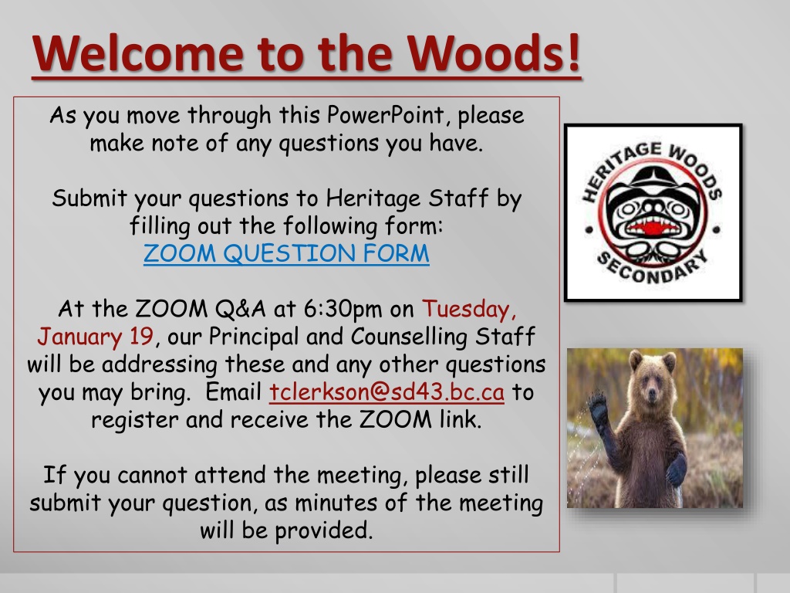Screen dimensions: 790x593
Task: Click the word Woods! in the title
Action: (x=495, y=53)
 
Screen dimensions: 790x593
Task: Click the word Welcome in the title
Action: (x=138, y=53)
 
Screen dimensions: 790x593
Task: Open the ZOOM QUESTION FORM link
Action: (x=286, y=253)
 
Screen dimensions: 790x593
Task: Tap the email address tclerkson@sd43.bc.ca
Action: (x=387, y=391)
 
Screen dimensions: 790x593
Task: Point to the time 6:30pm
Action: (x=343, y=309)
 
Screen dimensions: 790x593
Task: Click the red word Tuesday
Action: (x=469, y=310)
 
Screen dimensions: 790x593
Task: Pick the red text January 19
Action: (x=95, y=337)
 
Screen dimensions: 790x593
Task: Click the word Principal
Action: (x=253, y=337)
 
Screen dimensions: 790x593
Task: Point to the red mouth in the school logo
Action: (x=653, y=227)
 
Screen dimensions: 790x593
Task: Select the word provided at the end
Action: (x=323, y=530)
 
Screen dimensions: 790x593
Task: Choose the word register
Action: (x=134, y=420)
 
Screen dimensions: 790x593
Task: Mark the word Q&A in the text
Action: (x=241, y=309)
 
